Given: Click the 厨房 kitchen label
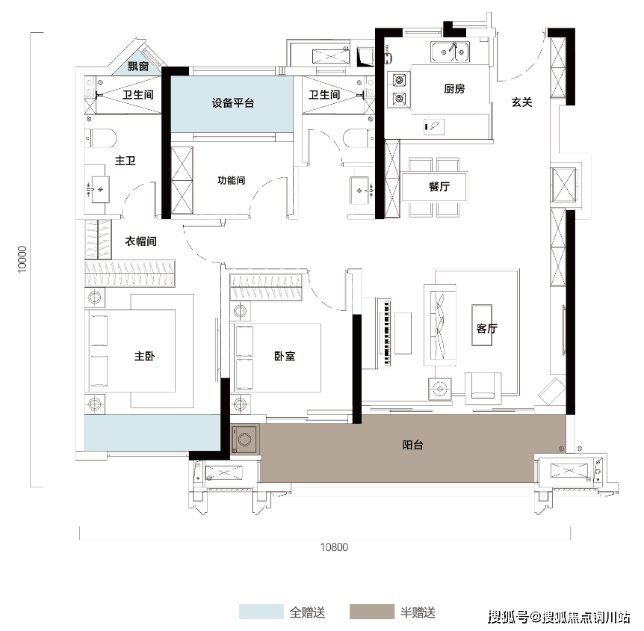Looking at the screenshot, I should [454, 89].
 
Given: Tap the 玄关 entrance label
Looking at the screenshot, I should [521, 102].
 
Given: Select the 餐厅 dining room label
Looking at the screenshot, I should [438, 187].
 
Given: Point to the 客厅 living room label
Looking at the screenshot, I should [487, 328].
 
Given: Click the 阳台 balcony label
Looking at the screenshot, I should [413, 445].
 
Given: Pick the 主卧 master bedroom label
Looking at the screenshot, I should [144, 357].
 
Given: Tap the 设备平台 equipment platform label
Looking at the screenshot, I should [232, 102].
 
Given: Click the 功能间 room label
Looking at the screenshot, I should [232, 180].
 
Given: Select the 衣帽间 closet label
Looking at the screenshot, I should [140, 241].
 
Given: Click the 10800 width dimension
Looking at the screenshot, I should [334, 547].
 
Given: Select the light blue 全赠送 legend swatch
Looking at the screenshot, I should [261, 612].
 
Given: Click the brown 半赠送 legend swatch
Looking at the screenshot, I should [371, 612].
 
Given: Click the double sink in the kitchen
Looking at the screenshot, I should [450, 52].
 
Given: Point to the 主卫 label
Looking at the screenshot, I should [125, 161].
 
